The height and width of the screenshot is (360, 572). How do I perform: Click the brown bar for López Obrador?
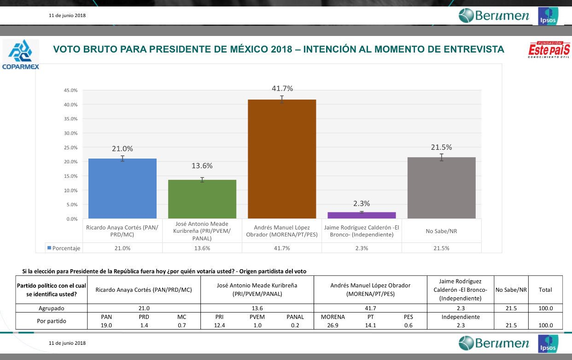(282, 159)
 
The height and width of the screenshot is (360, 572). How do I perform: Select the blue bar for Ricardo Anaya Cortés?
(123, 189)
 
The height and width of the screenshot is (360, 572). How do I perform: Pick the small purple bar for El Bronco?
(362, 215)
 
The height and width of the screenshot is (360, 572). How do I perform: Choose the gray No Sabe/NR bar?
(441, 188)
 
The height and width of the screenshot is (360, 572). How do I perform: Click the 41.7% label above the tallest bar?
(282, 89)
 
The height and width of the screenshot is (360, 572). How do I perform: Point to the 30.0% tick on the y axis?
(70, 133)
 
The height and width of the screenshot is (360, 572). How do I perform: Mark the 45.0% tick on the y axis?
(70, 90)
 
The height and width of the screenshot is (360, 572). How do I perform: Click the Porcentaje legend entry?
(64, 248)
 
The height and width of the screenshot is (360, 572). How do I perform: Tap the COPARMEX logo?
(20, 54)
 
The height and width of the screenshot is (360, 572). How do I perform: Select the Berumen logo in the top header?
(494, 15)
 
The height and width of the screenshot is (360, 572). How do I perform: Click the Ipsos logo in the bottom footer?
(547, 344)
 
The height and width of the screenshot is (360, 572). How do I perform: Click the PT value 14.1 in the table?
(370, 325)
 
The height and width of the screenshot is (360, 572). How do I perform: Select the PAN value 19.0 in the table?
(106, 325)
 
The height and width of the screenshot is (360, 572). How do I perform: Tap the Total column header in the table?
(545, 289)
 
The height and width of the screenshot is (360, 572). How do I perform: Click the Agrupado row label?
(52, 308)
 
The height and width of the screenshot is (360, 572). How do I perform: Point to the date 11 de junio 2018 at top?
(67, 15)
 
